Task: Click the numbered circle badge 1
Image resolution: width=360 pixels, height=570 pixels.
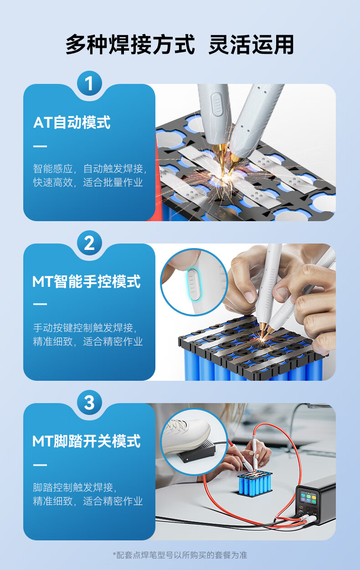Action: [x=89, y=83]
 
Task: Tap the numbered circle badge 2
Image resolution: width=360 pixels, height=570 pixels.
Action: [x=89, y=243]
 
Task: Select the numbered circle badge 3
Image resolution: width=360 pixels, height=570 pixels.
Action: [x=89, y=402]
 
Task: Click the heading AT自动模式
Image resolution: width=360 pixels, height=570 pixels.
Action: [x=72, y=122]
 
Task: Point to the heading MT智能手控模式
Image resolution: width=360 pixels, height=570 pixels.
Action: [x=87, y=282]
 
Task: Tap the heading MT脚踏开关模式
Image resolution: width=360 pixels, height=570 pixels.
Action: [x=87, y=441]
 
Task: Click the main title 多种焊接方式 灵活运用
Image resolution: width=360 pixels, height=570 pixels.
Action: [x=180, y=45]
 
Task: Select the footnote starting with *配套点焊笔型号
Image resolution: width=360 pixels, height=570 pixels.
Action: [x=180, y=555]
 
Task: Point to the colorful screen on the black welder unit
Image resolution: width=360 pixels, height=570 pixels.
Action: [x=309, y=498]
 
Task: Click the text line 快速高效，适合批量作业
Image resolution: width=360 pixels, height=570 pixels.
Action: [x=87, y=182]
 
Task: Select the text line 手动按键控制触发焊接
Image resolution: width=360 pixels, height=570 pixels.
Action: [x=84, y=328]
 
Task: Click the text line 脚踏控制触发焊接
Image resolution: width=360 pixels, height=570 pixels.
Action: [x=75, y=487]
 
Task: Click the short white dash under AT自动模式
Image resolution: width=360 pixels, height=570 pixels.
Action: [x=40, y=146]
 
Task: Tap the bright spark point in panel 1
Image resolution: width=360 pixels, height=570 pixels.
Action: [x=224, y=176]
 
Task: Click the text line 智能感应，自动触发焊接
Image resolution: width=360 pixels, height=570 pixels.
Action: [x=90, y=169]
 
